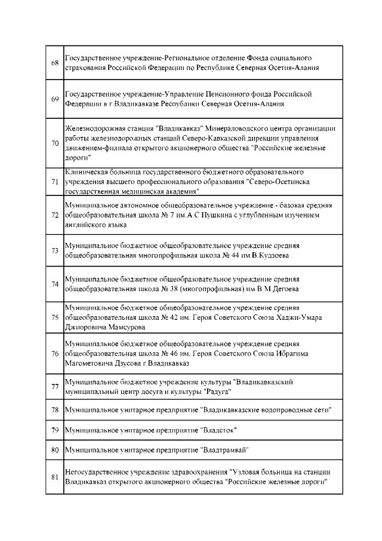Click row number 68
pyautogui.click(x=54, y=63)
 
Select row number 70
pyautogui.click(x=54, y=143)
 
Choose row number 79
pyautogui.click(x=54, y=430)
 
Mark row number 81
pyautogui.click(x=54, y=476)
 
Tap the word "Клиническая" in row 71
pyautogui.click(x=85, y=172)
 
